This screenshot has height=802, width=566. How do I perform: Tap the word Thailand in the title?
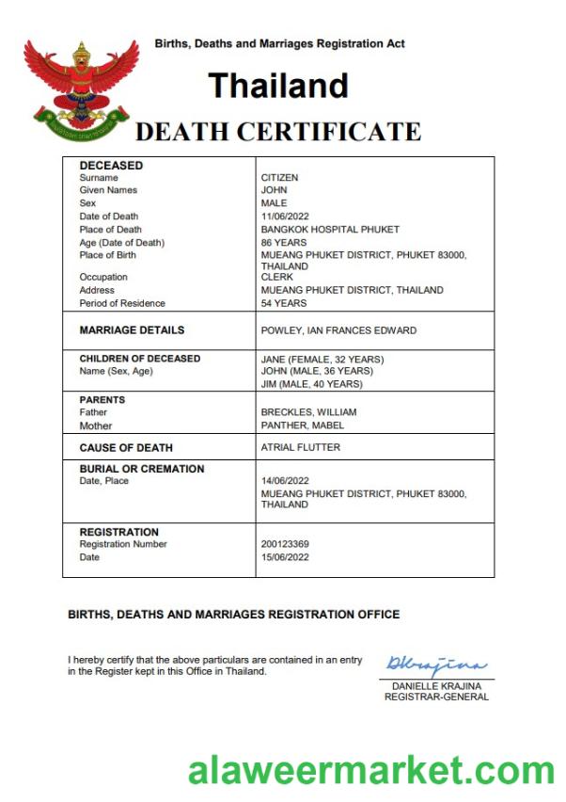tap(278, 86)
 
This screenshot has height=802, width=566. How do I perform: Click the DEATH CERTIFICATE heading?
tap(277, 132)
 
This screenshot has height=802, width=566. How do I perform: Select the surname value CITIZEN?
tap(279, 177)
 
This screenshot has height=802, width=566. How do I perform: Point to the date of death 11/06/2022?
tap(286, 217)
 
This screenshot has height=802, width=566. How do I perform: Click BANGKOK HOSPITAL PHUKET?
tap(330, 230)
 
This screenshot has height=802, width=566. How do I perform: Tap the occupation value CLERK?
tap(277, 278)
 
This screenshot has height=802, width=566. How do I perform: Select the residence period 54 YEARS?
tap(284, 303)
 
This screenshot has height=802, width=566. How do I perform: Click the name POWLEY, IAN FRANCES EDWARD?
tap(338, 330)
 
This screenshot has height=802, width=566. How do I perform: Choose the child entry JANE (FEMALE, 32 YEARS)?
tap(322, 360)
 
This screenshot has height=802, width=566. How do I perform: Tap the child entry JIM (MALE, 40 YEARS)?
tap(311, 384)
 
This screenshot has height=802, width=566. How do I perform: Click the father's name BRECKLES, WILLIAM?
tap(308, 412)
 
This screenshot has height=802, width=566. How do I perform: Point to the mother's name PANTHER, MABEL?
tap(303, 425)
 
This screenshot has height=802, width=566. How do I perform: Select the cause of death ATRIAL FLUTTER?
tap(301, 448)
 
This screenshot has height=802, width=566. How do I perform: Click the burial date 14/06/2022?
tap(286, 482)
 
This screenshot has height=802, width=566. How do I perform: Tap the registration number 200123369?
tap(285, 545)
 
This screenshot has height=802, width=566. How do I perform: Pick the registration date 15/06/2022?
tap(286, 557)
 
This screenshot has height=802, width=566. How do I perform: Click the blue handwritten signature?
tap(435, 666)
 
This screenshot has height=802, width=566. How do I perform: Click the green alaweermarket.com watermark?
tap(371, 770)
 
